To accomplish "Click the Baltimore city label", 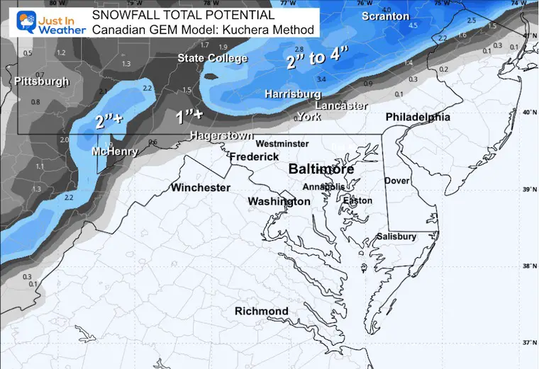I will point(321,170).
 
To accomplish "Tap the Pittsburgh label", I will point(42,81).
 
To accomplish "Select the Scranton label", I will point(385,16).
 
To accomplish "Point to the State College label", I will point(212,58).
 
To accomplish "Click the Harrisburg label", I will point(293,93).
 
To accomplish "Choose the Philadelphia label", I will point(418,117).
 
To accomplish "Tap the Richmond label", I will point(262,311).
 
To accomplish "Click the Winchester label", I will point(201,188).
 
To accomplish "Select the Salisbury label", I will point(396,237).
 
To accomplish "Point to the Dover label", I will point(396,181).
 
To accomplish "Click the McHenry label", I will point(110,152).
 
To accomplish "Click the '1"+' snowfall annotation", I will point(189,114).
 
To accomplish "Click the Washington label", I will point(279,202).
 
